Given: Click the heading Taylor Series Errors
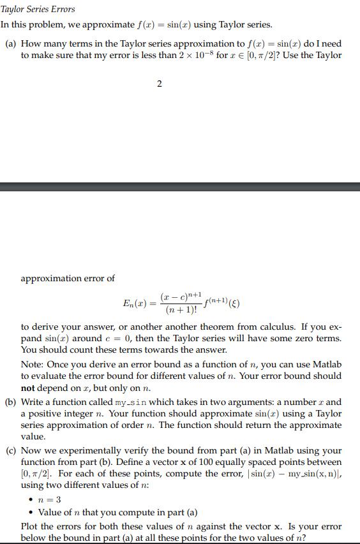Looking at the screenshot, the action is tap(38, 9).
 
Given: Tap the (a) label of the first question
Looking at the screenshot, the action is tap(10, 43).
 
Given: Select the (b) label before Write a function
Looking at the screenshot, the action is tap(11, 402).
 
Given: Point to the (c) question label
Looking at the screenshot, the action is tap(10, 450).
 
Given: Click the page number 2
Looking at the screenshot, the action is tap(159, 84).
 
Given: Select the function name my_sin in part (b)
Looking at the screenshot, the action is tap(133, 402).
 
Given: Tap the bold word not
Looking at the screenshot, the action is tap(27, 387).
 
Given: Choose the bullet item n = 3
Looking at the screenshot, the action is tap(49, 499).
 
